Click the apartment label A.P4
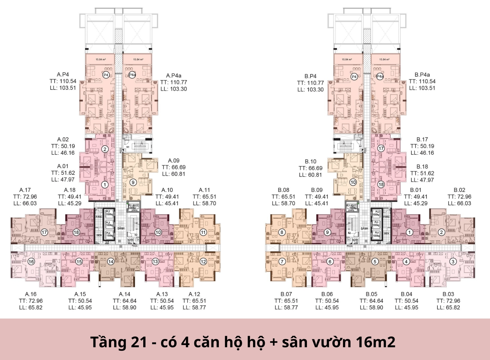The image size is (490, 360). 63,74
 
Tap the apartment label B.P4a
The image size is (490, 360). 422,75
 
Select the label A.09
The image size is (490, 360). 174,160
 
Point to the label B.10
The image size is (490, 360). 310,161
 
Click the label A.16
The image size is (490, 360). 31,294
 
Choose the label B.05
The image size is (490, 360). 371,294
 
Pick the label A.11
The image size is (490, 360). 204,190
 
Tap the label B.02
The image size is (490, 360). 459,190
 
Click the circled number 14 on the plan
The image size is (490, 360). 111,261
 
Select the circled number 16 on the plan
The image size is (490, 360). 31,261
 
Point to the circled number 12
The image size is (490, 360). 203,261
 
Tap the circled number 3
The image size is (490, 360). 453,261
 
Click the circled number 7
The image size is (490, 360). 282,261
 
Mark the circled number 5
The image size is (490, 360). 375,261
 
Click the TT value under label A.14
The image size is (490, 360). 124,301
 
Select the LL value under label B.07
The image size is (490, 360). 286,307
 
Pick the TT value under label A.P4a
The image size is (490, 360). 174,82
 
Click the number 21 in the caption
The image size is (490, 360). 139,342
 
